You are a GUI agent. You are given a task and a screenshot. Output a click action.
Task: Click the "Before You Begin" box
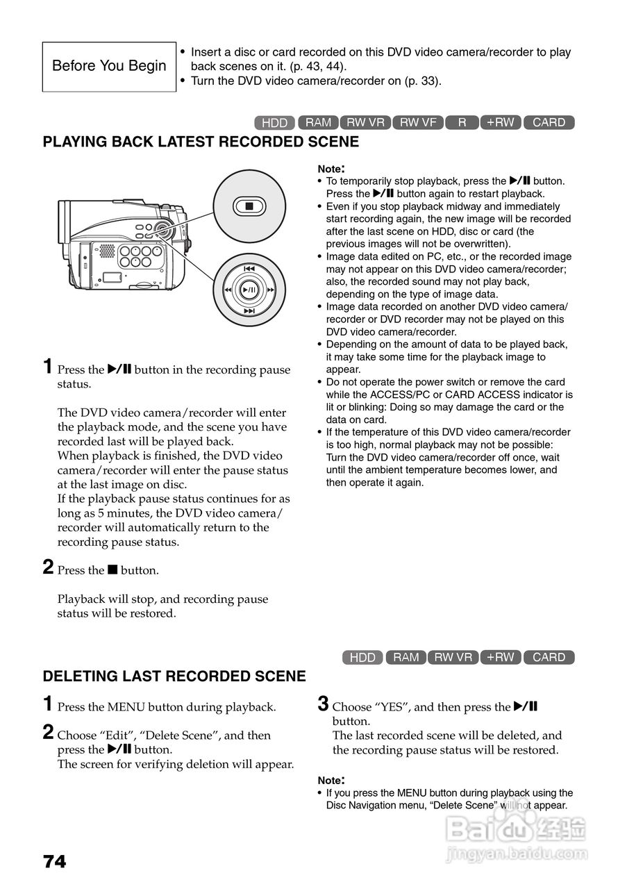[109, 67]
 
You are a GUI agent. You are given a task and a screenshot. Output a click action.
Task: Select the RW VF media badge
[418, 122]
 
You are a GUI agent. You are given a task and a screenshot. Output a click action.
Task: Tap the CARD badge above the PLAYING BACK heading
[549, 122]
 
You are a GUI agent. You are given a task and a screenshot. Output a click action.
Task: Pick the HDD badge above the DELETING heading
[362, 657]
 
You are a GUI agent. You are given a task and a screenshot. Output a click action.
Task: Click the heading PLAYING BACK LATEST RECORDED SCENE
[201, 142]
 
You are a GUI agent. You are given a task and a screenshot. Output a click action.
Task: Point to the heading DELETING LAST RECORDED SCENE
[174, 676]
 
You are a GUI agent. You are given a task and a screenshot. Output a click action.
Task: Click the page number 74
[55, 862]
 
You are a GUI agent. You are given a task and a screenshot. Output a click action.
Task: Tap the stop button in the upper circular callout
[249, 206]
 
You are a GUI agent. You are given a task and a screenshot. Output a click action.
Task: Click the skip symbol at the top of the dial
[249, 268]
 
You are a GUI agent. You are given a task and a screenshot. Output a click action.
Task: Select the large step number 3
[323, 704]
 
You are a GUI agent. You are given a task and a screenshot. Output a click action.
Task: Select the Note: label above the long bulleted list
[331, 169]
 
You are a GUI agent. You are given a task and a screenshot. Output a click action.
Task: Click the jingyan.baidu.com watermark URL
[517, 854]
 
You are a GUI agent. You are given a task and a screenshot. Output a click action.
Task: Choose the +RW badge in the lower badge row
[500, 657]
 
